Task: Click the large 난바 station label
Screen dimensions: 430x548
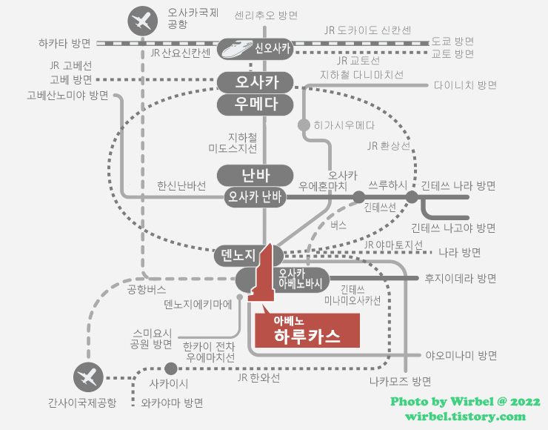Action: point(256,176)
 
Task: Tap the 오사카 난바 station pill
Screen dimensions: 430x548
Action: point(256,196)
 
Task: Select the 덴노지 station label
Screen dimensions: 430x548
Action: point(240,257)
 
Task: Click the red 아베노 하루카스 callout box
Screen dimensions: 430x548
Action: point(307,329)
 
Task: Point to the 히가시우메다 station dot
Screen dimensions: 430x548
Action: point(304,125)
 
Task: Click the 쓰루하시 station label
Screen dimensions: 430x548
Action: point(388,183)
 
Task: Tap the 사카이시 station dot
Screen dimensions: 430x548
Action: point(171,368)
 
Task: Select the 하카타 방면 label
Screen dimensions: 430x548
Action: point(64,42)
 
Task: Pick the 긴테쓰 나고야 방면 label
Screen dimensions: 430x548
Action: point(453,227)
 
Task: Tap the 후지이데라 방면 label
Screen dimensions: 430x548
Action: point(460,279)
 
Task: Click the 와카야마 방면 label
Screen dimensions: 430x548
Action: point(172,403)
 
